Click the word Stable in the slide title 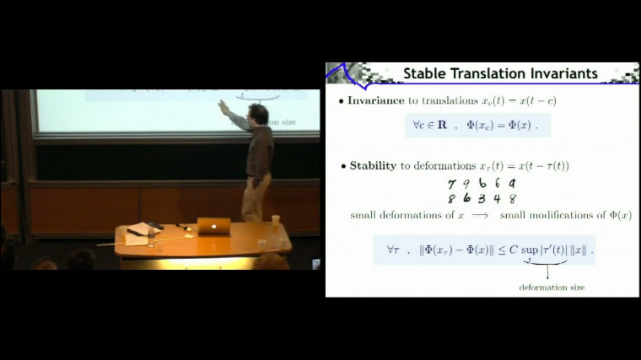(427, 73)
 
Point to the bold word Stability (373, 166)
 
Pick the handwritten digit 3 (482, 199)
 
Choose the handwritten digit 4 (497, 199)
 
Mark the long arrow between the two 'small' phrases (482, 216)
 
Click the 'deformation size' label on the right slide (551, 287)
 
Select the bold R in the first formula (442, 125)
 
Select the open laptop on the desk (213, 225)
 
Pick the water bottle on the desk (275, 223)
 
